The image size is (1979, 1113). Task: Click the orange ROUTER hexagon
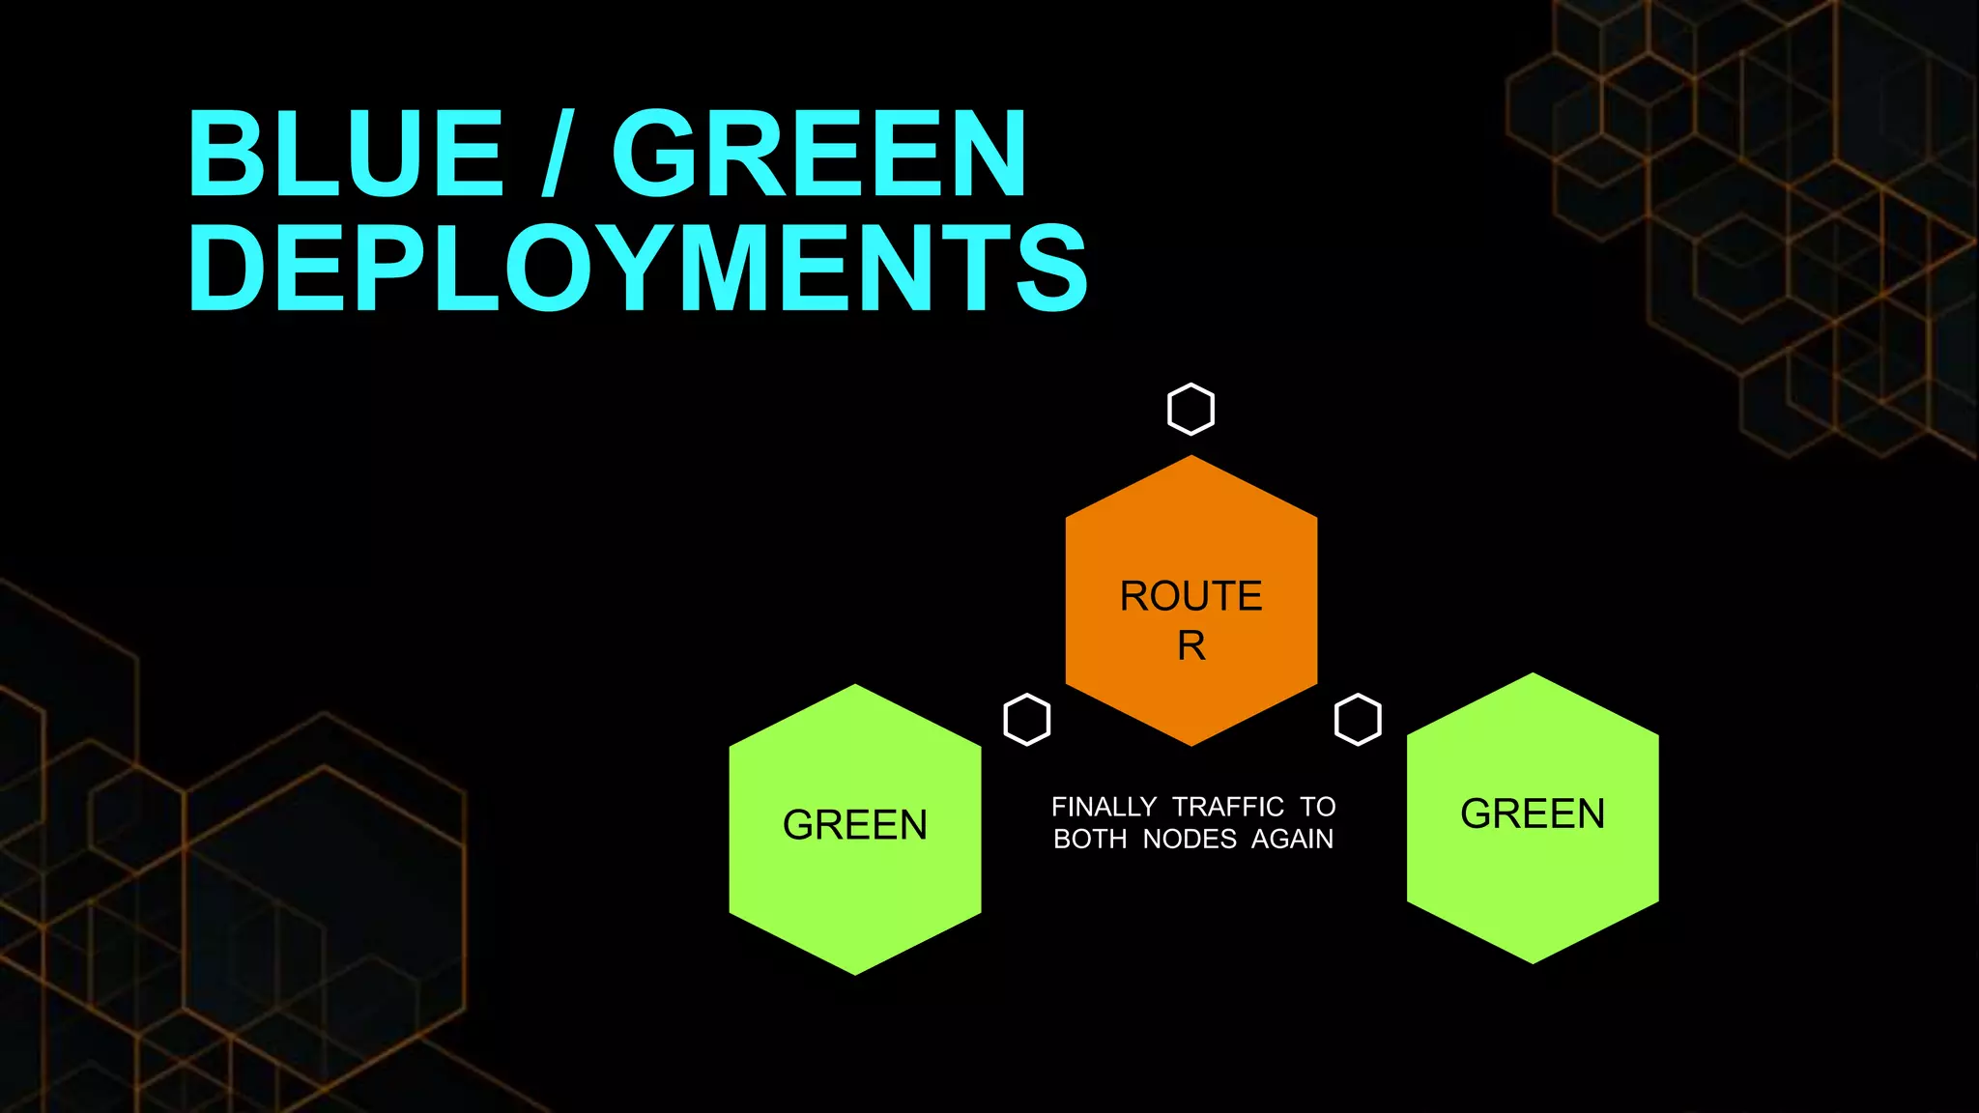point(1190,541)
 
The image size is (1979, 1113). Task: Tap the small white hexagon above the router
point(1190,409)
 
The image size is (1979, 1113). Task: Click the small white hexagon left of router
point(1026,720)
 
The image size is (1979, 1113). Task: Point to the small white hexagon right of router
point(1358,720)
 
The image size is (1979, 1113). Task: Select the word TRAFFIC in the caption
point(1228,807)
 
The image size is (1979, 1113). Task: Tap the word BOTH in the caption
point(1090,839)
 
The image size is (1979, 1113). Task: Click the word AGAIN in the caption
point(1292,839)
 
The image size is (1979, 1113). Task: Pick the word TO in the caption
point(1317,807)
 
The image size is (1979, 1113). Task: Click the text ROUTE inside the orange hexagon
point(1190,596)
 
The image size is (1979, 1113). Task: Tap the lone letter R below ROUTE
point(1190,645)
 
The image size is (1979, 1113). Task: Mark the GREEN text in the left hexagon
point(854,825)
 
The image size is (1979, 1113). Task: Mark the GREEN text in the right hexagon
point(1533,813)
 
